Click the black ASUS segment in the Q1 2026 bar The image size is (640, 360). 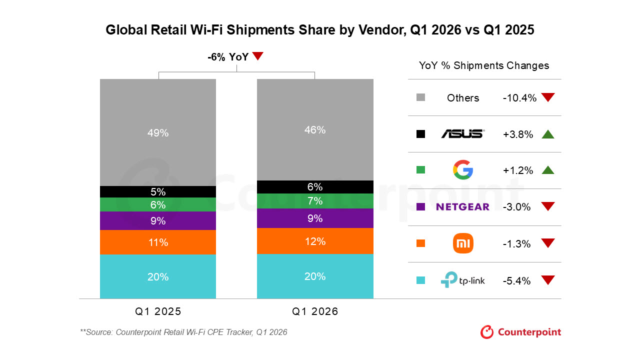click(x=315, y=187)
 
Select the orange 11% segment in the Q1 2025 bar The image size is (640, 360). click(x=158, y=242)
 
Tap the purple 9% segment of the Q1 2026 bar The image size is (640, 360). click(x=315, y=218)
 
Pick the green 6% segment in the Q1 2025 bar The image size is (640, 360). click(x=158, y=204)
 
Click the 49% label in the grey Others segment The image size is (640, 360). click(x=158, y=133)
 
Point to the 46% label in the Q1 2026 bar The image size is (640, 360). click(x=315, y=130)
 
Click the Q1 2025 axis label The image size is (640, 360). click(x=158, y=311)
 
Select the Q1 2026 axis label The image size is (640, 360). click(x=315, y=311)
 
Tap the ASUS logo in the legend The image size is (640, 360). click(x=463, y=133)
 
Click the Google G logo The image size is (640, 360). click(x=463, y=169)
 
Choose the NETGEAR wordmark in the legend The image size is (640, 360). click(x=463, y=206)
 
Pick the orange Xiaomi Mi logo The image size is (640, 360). click(x=463, y=243)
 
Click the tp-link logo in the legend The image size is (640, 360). click(x=463, y=279)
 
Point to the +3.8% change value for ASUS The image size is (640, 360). click(x=517, y=134)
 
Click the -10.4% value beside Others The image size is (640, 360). click(x=519, y=98)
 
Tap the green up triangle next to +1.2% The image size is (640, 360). click(x=548, y=170)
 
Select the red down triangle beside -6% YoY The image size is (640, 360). click(x=257, y=55)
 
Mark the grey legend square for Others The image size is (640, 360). click(x=420, y=97)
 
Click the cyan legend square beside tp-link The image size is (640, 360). click(x=420, y=280)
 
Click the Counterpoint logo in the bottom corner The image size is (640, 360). click(x=520, y=332)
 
